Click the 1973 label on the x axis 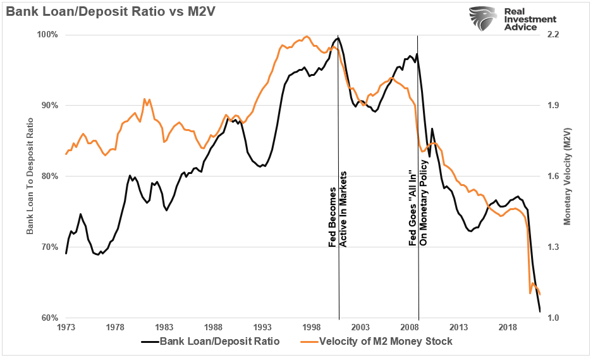pyautogui.click(x=66, y=328)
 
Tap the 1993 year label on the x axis pyautogui.click(x=262, y=328)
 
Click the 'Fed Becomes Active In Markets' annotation pyautogui.click(x=338, y=209)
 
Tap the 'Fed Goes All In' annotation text pyautogui.click(x=417, y=206)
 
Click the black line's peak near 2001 pyautogui.click(x=338, y=38)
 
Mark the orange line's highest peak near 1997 pyautogui.click(x=307, y=36)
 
